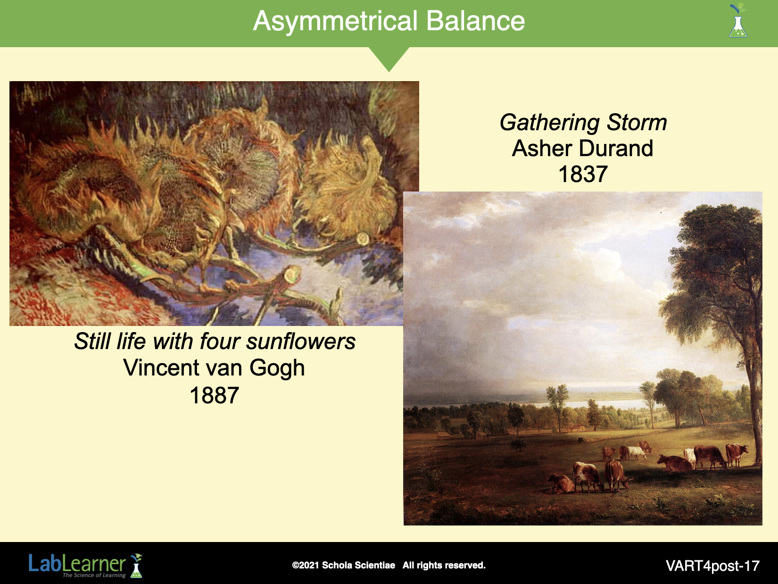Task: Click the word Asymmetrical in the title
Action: (335, 22)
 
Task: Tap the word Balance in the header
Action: (475, 21)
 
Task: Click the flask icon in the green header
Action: (738, 21)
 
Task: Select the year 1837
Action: (583, 174)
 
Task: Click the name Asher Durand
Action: (582, 148)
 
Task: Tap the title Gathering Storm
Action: (583, 123)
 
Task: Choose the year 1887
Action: (215, 395)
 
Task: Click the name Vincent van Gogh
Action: (214, 368)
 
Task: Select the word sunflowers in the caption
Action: (301, 342)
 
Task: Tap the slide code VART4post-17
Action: (712, 566)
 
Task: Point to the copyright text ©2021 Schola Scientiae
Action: (343, 565)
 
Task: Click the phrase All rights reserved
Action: (444, 565)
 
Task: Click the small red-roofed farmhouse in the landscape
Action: (578, 428)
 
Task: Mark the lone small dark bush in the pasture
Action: (518, 443)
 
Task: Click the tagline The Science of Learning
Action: (94, 575)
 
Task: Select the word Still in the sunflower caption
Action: (92, 342)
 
